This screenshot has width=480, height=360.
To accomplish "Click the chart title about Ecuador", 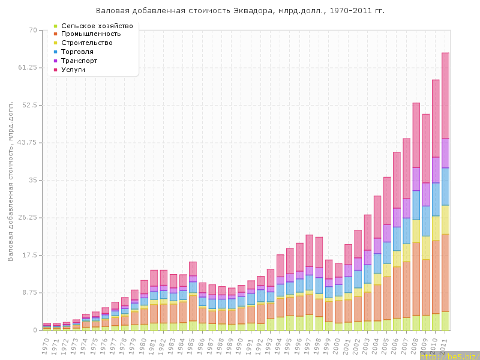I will [x=240, y=11].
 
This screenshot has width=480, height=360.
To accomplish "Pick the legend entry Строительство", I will [x=87, y=43].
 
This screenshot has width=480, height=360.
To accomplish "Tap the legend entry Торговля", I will [x=79, y=52].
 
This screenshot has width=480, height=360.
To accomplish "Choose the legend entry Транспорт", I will [x=79, y=61].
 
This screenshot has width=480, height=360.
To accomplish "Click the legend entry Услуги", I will [x=73, y=70].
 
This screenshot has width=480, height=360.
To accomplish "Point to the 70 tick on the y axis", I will [x=32, y=30].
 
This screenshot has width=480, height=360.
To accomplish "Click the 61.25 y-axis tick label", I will [x=28, y=68].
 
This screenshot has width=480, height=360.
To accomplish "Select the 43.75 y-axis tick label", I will [x=28, y=143].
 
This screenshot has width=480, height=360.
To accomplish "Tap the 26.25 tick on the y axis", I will [x=28, y=218].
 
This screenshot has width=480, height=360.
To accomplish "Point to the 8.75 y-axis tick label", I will [x=29, y=293].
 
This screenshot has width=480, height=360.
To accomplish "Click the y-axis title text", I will [x=10, y=180].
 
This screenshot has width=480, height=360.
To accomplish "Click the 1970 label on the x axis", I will [x=46, y=344].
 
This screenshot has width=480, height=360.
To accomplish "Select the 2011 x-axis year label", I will [x=445, y=344].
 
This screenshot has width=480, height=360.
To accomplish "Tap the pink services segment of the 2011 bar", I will [x=446, y=96].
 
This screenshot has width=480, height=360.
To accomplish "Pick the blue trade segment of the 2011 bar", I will [x=446, y=187].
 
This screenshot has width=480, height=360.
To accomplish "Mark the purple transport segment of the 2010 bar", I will [x=436, y=170].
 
